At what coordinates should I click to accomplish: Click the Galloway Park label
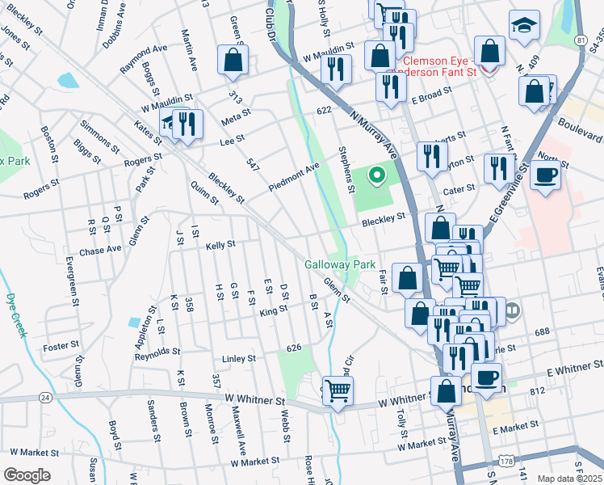[x=340, y=264]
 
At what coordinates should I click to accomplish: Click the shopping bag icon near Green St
[x=233, y=58]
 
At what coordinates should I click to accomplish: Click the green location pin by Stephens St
[x=375, y=174]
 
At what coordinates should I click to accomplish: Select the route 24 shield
[x=44, y=398]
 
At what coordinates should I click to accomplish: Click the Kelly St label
[x=220, y=245]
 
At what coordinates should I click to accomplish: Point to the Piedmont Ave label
[x=295, y=176]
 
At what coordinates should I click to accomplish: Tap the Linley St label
[x=239, y=358]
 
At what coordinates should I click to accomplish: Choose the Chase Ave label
[x=99, y=251]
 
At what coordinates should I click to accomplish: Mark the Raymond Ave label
[x=144, y=60]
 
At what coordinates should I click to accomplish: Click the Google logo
[x=27, y=475]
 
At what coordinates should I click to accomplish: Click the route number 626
[x=294, y=348]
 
